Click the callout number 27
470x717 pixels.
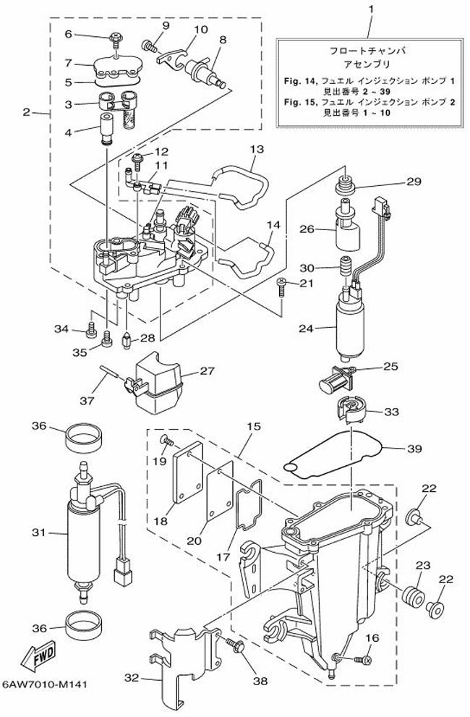tap(208, 371)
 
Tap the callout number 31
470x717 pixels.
tap(38, 533)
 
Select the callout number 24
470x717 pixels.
tap(307, 328)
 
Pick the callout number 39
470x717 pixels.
tap(414, 449)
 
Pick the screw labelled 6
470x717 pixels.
tap(115, 36)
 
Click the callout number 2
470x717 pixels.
tap(26, 112)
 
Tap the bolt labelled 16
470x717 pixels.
tap(361, 658)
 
